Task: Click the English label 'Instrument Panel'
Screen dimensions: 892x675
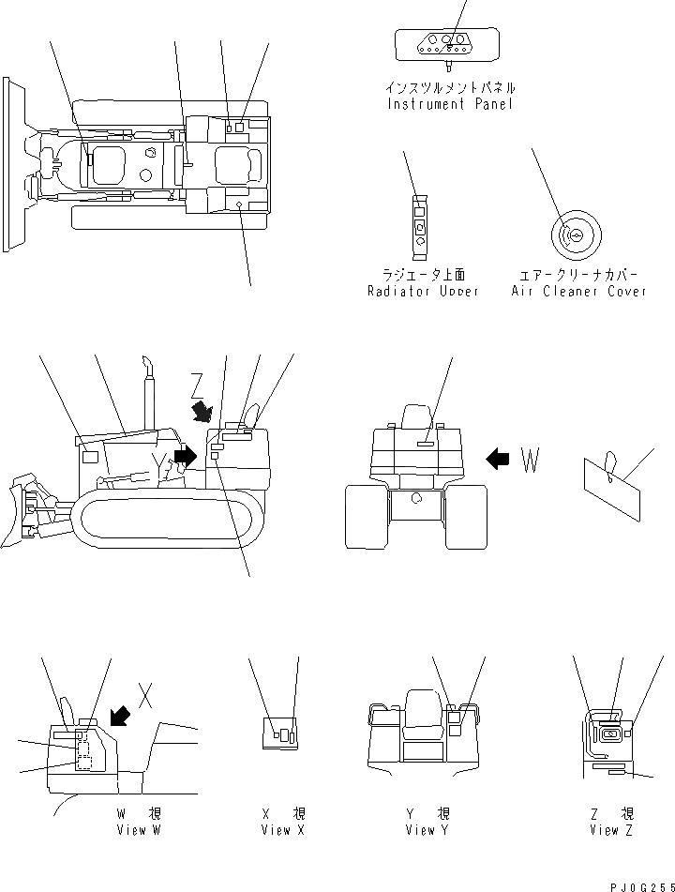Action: pos(450,104)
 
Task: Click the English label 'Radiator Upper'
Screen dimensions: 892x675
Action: pos(423,292)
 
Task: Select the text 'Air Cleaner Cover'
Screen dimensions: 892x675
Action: pos(578,292)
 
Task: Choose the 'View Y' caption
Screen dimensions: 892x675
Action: pos(420,830)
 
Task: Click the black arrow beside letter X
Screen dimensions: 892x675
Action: pos(120,717)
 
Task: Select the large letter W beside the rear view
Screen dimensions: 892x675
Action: pos(531,460)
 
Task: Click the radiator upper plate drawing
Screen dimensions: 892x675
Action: pos(420,226)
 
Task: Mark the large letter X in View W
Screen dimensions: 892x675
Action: pos(143,696)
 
